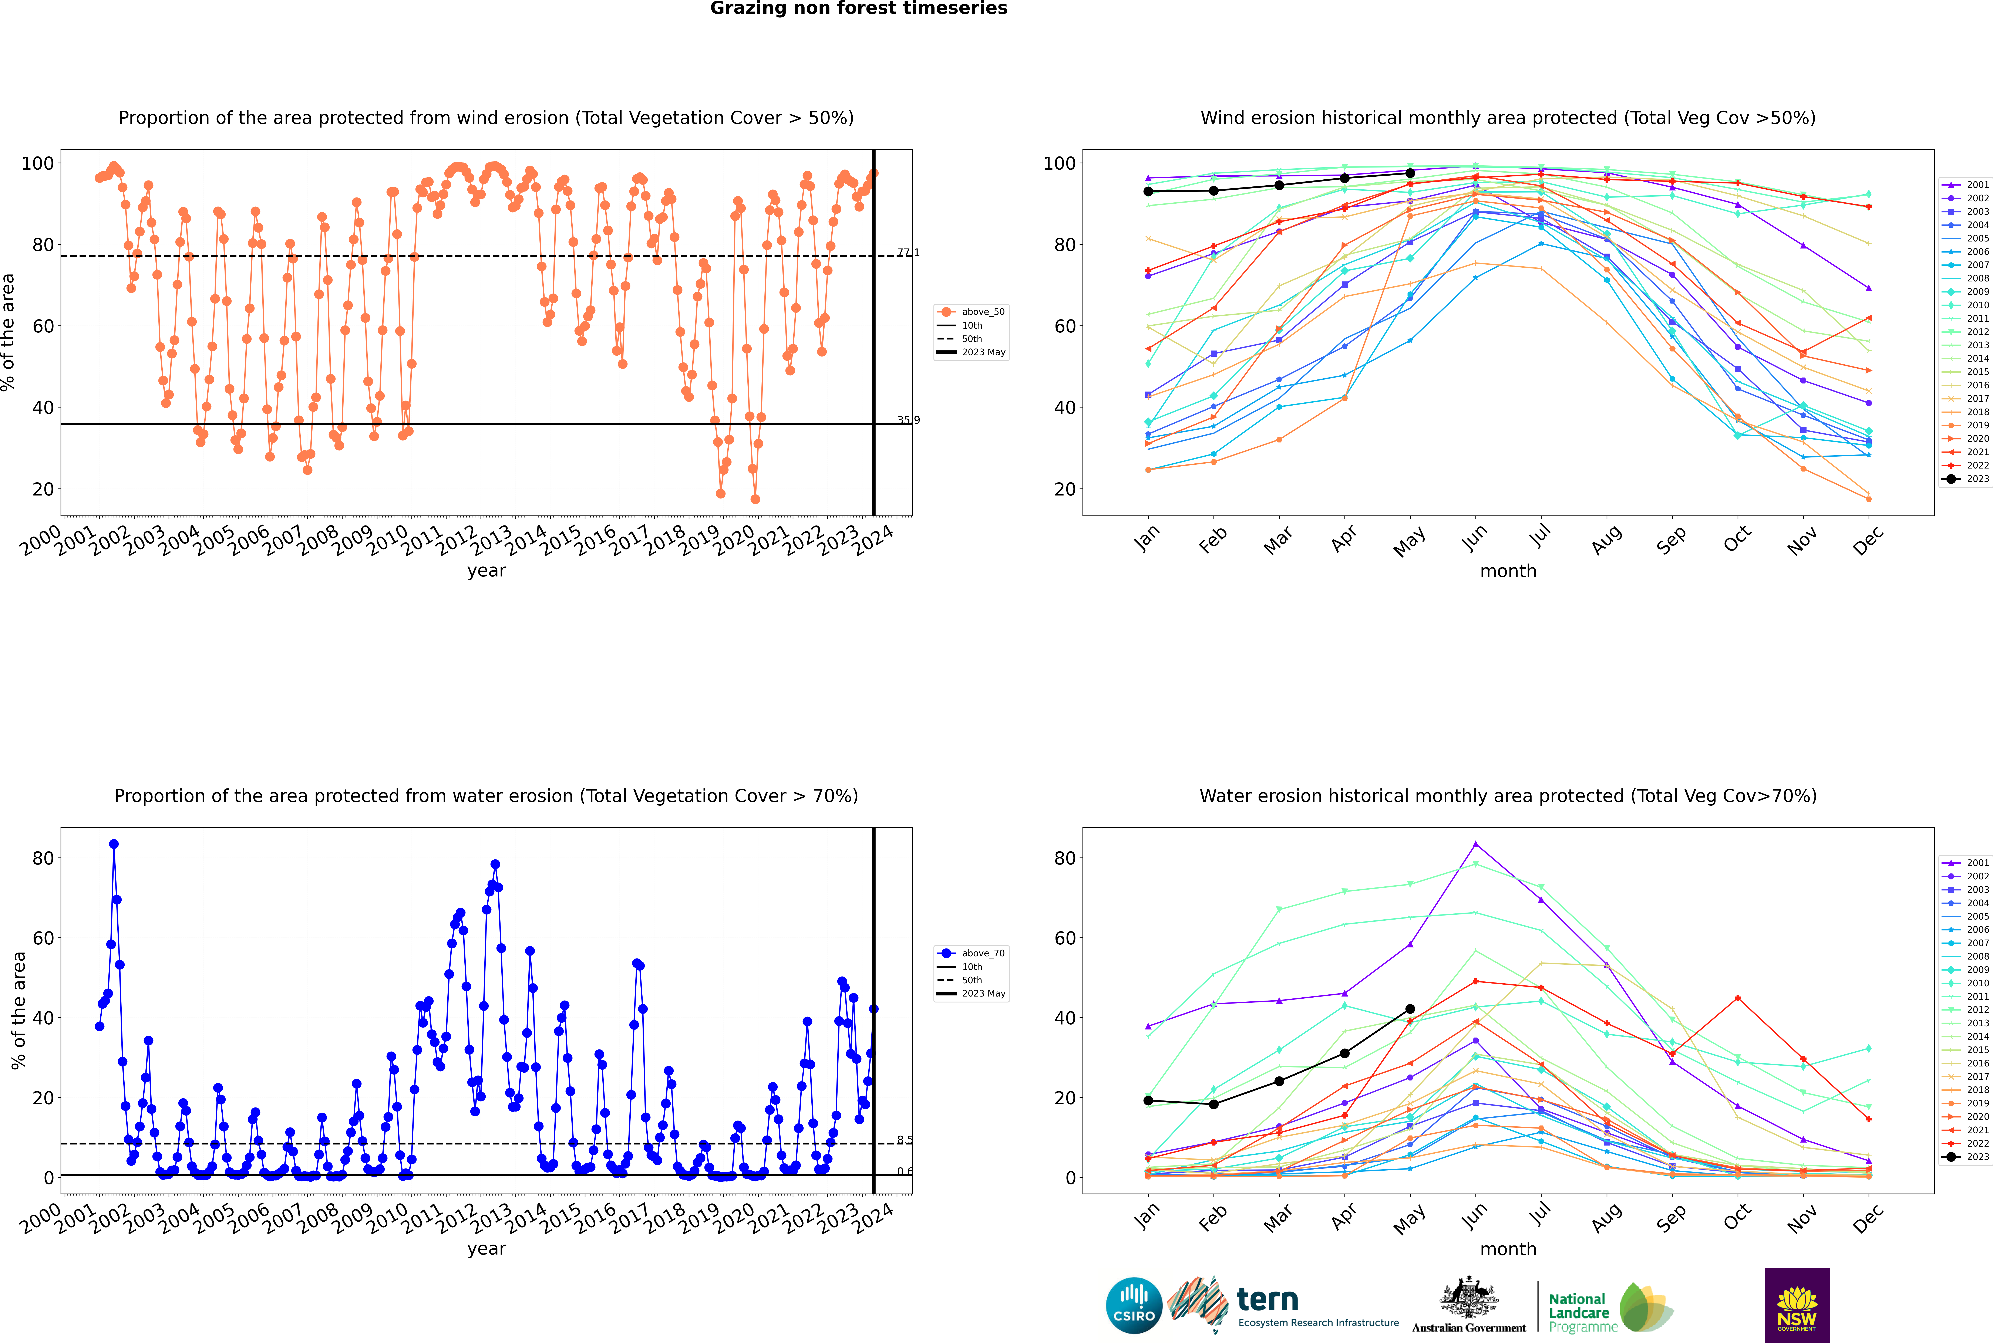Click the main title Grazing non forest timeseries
tap(859, 9)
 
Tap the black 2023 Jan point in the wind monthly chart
tap(1148, 191)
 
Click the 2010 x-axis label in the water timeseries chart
tap(386, 1218)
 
